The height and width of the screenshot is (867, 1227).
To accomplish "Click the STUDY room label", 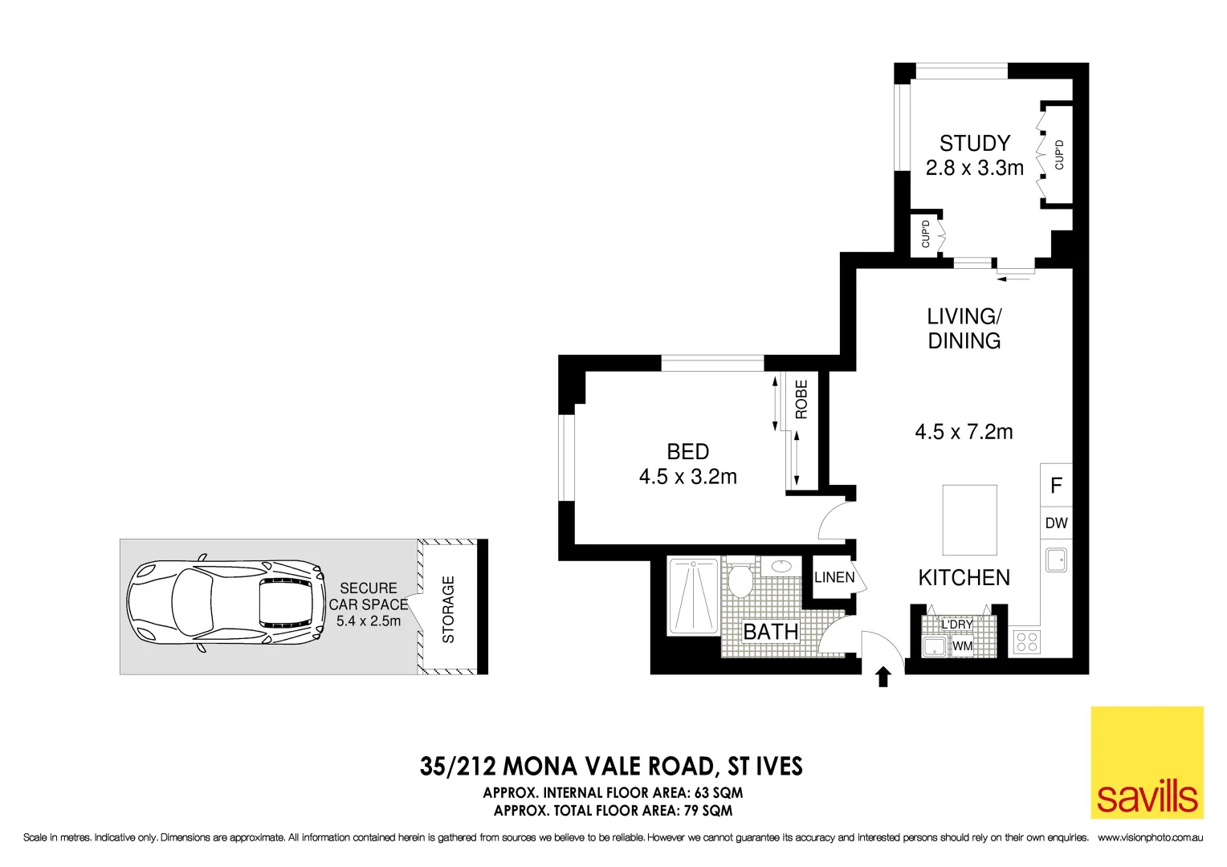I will coord(974,144).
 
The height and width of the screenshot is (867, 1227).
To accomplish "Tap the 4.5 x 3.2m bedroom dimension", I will coord(687,477).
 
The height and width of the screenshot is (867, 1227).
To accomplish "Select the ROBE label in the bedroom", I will coord(801,399).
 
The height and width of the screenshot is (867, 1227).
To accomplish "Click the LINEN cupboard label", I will coord(834,577).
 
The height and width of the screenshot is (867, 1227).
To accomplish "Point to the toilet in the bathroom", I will coord(739,579).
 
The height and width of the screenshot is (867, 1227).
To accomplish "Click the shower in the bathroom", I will coord(693,595).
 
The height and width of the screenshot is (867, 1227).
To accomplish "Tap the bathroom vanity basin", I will coord(779,567).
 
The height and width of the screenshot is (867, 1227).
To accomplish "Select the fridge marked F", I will coord(1056,485).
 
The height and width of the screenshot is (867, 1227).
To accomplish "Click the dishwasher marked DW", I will coord(1056,523).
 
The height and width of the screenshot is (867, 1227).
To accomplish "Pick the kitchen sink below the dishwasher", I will coord(1056,559).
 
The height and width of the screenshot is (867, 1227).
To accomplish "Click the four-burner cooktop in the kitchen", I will coord(1026,641).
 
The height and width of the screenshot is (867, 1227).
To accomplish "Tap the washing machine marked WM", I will coord(962,646).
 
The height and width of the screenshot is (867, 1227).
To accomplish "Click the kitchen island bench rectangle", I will coord(969,520).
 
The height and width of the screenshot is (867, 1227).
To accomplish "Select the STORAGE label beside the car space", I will coord(448,609).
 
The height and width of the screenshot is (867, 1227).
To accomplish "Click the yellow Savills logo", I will coord(1147,762).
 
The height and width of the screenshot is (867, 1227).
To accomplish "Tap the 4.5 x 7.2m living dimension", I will coord(964,432).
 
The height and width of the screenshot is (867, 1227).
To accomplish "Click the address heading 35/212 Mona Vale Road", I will coord(611,767).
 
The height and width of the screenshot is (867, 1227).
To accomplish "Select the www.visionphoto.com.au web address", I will coord(1150,838).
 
